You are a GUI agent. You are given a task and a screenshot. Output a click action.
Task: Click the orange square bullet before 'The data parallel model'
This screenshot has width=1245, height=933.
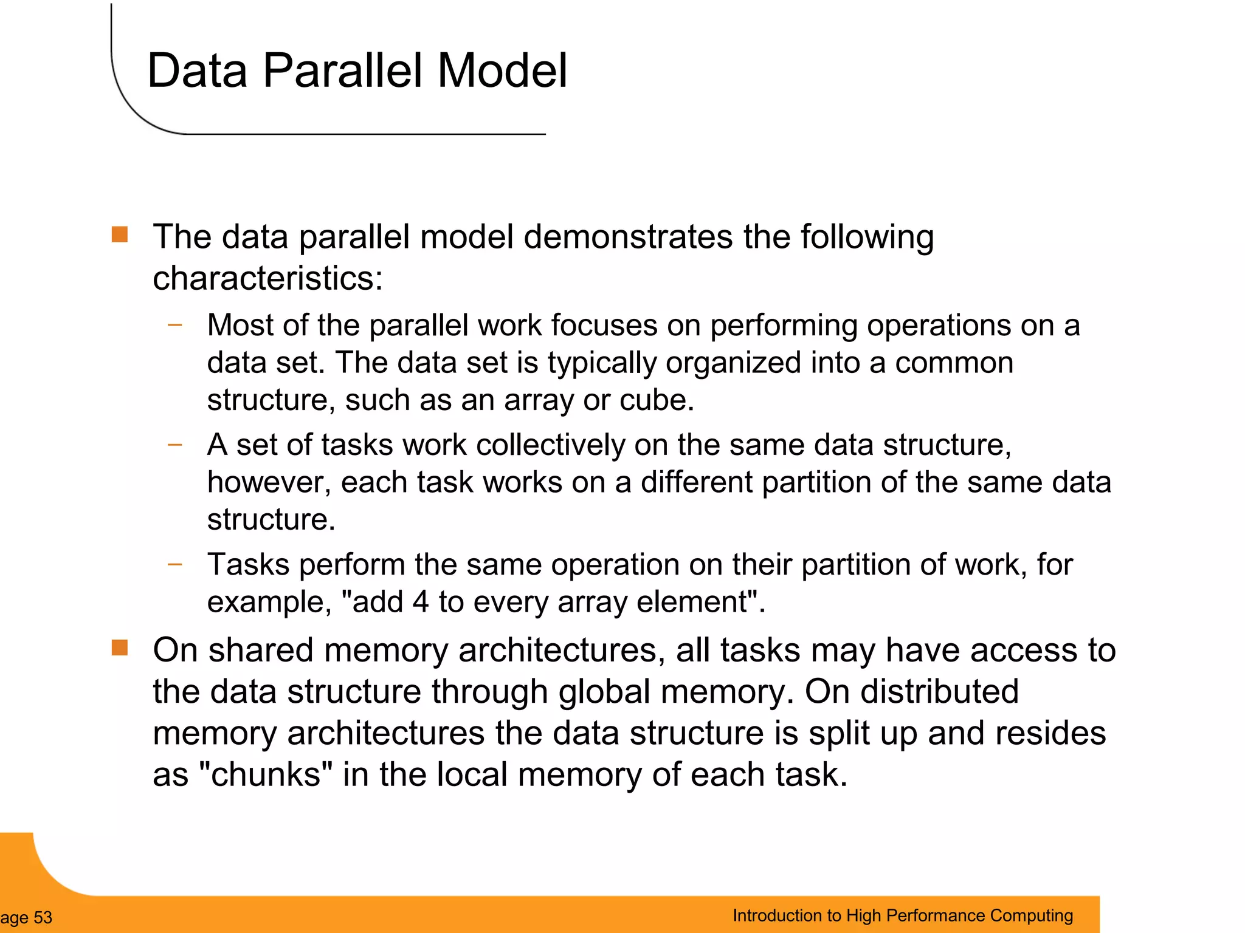(120, 234)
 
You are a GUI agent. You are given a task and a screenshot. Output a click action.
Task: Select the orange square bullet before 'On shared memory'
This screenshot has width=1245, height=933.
(120, 648)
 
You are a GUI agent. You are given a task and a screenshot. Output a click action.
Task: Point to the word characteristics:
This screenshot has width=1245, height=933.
(267, 279)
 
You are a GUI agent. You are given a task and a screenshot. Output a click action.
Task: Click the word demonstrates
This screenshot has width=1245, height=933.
(628, 237)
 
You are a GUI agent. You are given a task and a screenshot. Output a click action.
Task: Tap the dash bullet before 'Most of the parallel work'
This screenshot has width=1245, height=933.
(175, 325)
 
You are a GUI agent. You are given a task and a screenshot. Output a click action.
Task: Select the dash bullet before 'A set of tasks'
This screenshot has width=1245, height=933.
(175, 445)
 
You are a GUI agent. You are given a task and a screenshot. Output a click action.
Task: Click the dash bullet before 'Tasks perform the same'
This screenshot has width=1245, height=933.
(175, 564)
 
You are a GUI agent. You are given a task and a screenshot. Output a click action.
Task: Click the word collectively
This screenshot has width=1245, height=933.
(551, 445)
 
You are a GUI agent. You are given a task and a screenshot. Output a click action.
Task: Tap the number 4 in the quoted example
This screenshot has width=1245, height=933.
(421, 602)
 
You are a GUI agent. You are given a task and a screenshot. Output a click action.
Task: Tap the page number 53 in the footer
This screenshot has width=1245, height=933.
(43, 917)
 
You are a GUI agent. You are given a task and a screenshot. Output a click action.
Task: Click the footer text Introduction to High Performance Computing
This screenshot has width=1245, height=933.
(902, 915)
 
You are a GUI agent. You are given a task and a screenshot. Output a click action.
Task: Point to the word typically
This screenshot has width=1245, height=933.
(602, 363)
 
